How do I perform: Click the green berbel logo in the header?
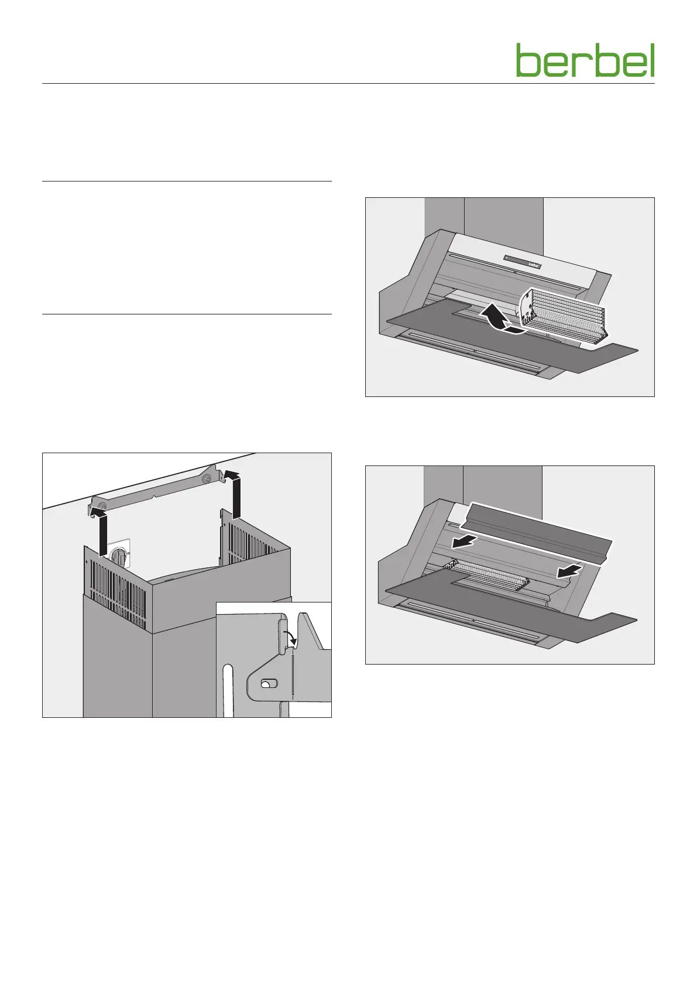tap(585, 60)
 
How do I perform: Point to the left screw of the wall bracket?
tap(102, 505)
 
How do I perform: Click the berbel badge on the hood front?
tap(530, 264)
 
